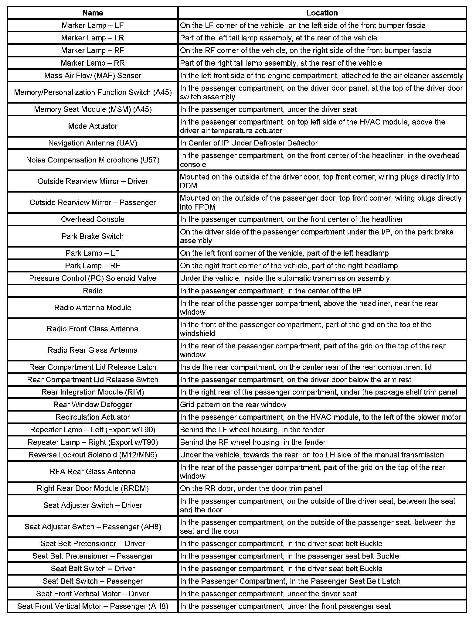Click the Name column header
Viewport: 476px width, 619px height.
click(x=93, y=13)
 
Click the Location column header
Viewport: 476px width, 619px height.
click(x=322, y=13)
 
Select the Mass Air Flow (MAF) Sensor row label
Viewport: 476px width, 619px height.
click(x=93, y=75)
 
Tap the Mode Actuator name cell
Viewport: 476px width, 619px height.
click(x=93, y=126)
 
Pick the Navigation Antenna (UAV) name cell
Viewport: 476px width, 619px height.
click(x=93, y=143)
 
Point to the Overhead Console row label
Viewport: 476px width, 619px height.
click(x=93, y=219)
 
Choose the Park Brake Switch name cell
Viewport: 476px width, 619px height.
click(x=93, y=236)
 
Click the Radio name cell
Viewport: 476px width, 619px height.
click(x=93, y=291)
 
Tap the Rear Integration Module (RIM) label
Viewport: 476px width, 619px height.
click(x=93, y=392)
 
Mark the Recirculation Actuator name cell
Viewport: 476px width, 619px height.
click(x=93, y=417)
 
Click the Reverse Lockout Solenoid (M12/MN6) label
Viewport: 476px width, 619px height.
click(x=93, y=455)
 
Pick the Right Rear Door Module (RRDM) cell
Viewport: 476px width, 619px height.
click(x=93, y=488)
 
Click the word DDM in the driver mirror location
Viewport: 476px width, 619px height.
click(x=188, y=186)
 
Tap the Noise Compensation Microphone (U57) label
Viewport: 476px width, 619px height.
click(x=93, y=160)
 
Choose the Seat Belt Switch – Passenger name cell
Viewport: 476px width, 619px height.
click(x=93, y=581)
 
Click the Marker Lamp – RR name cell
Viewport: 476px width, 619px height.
click(x=93, y=63)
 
